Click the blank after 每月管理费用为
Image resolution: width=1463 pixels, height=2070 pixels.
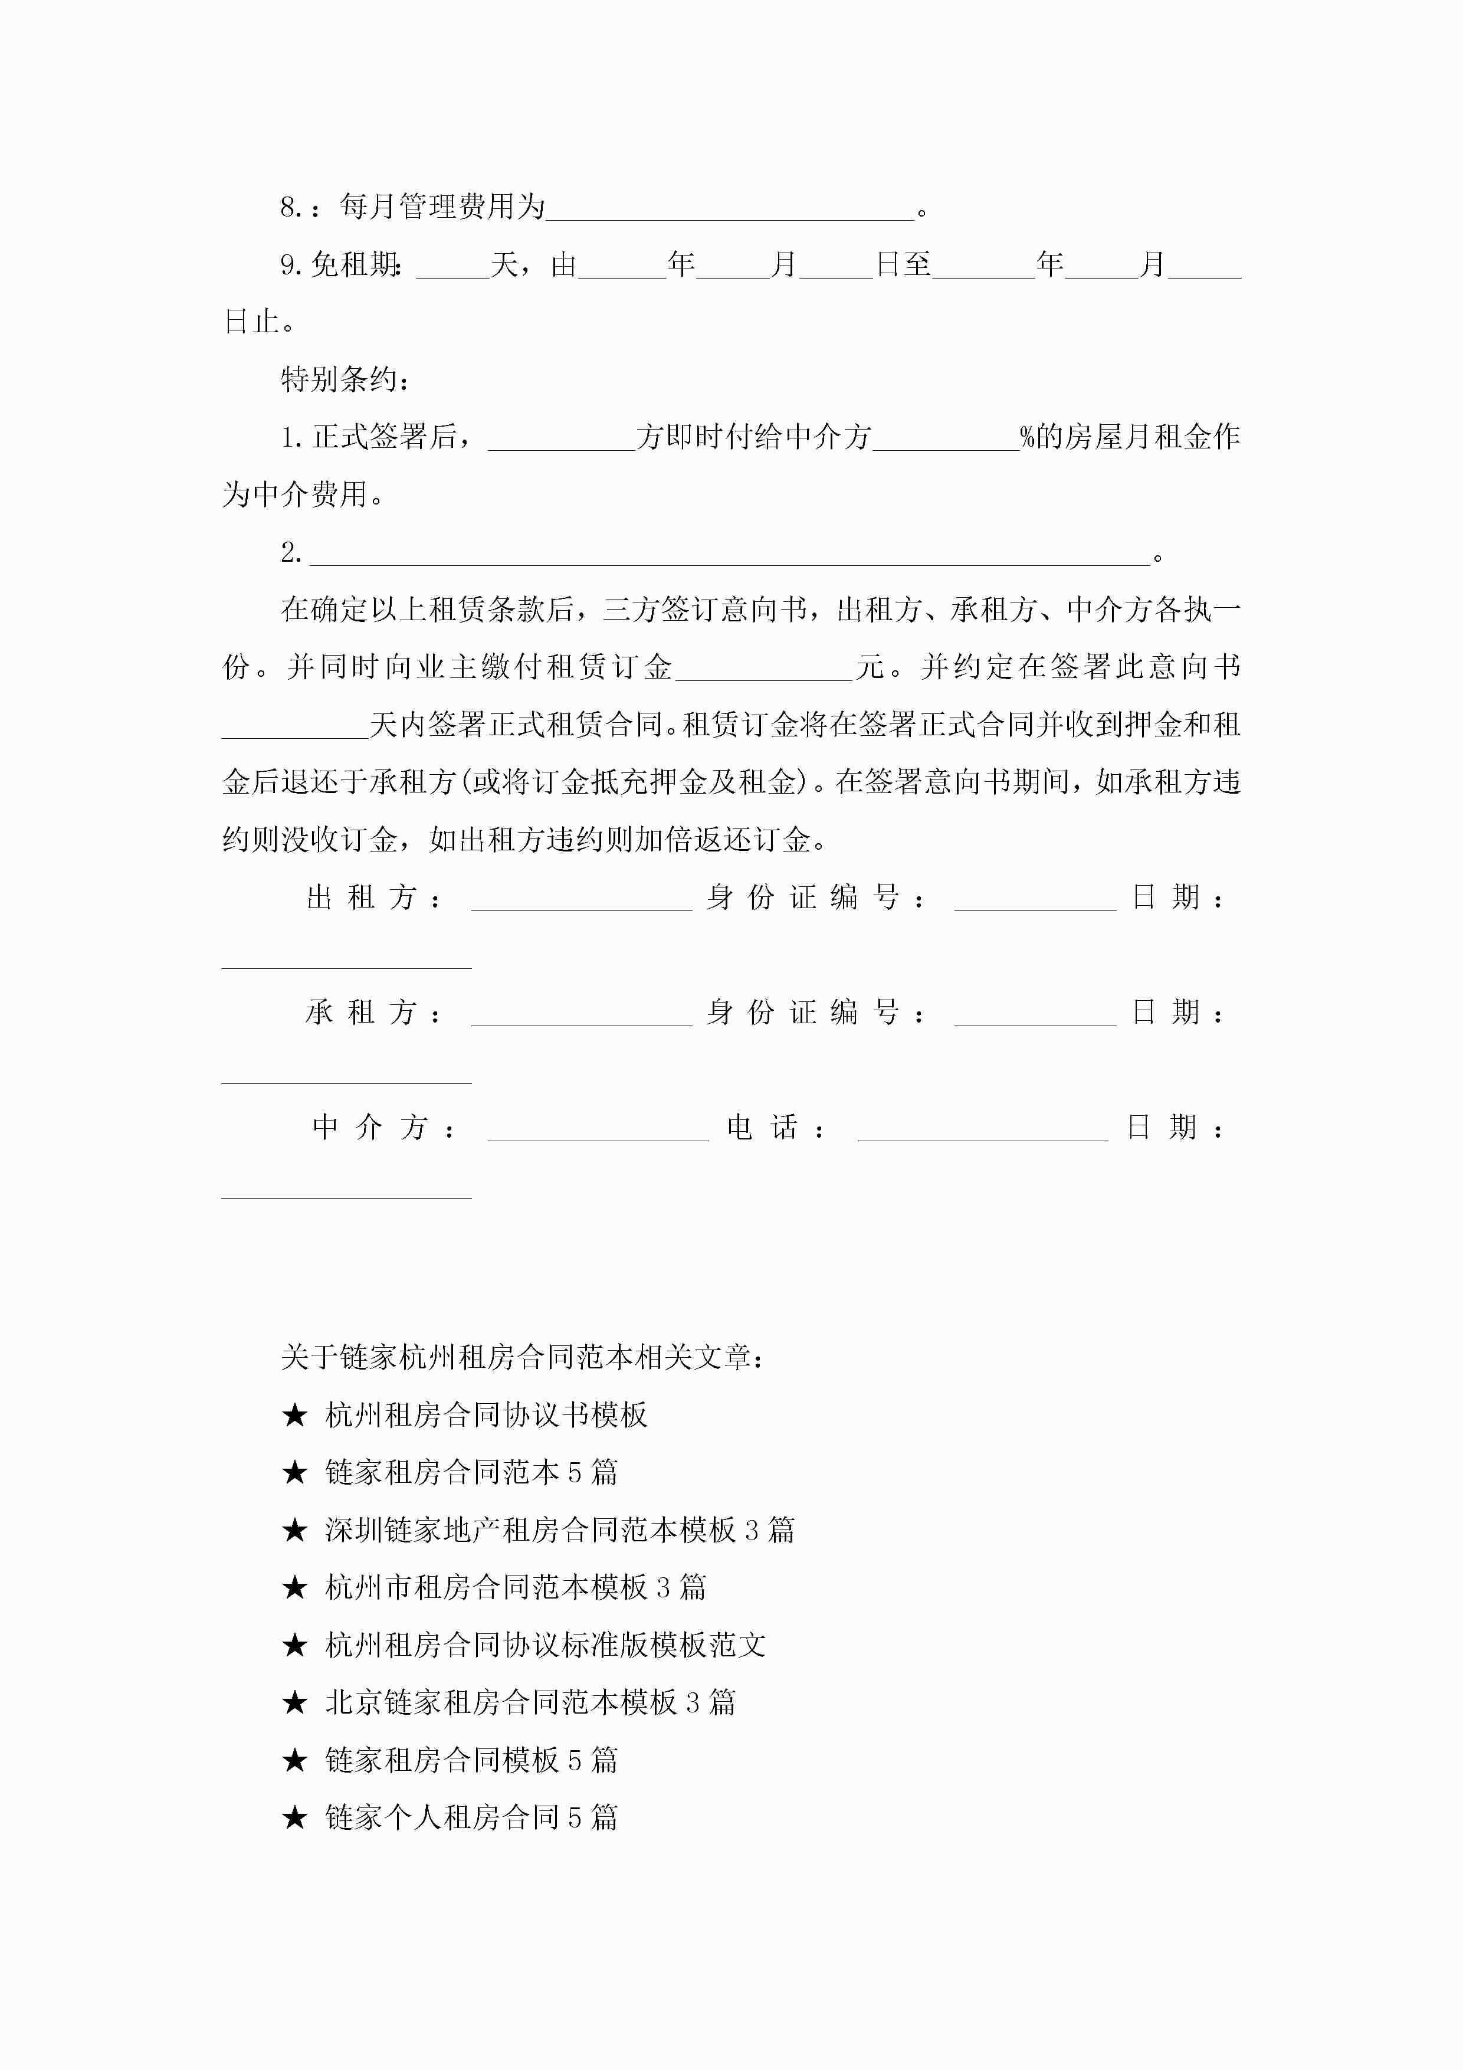tap(730, 209)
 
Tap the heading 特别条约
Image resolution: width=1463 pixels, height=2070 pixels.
tap(345, 379)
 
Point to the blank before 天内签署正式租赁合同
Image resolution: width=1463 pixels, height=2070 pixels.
tap(296, 726)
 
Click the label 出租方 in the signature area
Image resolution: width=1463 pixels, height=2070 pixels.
tap(372, 898)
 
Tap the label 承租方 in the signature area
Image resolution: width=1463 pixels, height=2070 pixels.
tap(372, 1013)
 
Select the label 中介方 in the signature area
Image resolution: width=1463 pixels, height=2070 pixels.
tap(382, 1128)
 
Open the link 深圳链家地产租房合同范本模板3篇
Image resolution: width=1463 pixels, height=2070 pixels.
tap(559, 1530)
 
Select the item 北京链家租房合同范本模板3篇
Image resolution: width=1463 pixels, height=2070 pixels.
tap(530, 1702)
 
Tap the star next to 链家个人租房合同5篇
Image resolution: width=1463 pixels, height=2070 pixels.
tap(295, 1817)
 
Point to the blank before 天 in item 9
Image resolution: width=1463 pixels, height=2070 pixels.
tap(452, 267)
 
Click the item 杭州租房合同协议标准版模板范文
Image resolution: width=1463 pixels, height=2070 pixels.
tap(545, 1645)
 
